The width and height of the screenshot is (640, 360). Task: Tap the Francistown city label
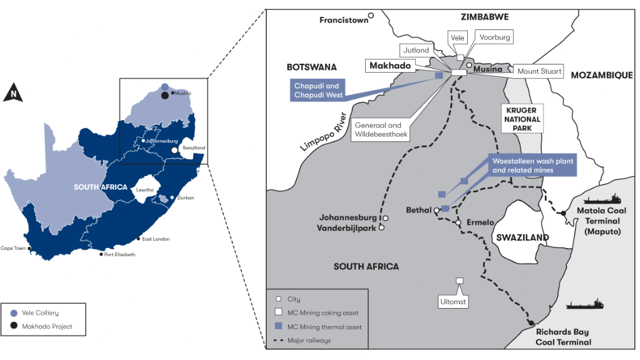click(x=344, y=20)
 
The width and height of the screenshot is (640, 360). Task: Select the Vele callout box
click(x=458, y=37)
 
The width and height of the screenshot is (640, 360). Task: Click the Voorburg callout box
click(x=495, y=37)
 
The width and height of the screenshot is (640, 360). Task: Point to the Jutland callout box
click(x=416, y=50)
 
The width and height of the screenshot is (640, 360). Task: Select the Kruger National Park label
click(x=523, y=118)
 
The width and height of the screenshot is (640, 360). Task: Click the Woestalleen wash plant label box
click(x=532, y=165)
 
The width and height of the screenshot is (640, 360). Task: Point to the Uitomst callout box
click(x=460, y=302)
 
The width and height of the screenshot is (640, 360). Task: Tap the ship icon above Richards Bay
click(x=585, y=304)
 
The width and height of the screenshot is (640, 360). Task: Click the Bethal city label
click(x=418, y=210)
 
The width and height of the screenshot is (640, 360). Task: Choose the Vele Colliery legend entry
click(x=48, y=312)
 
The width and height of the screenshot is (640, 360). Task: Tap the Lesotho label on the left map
click(x=145, y=190)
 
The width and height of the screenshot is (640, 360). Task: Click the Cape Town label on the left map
click(x=14, y=247)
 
